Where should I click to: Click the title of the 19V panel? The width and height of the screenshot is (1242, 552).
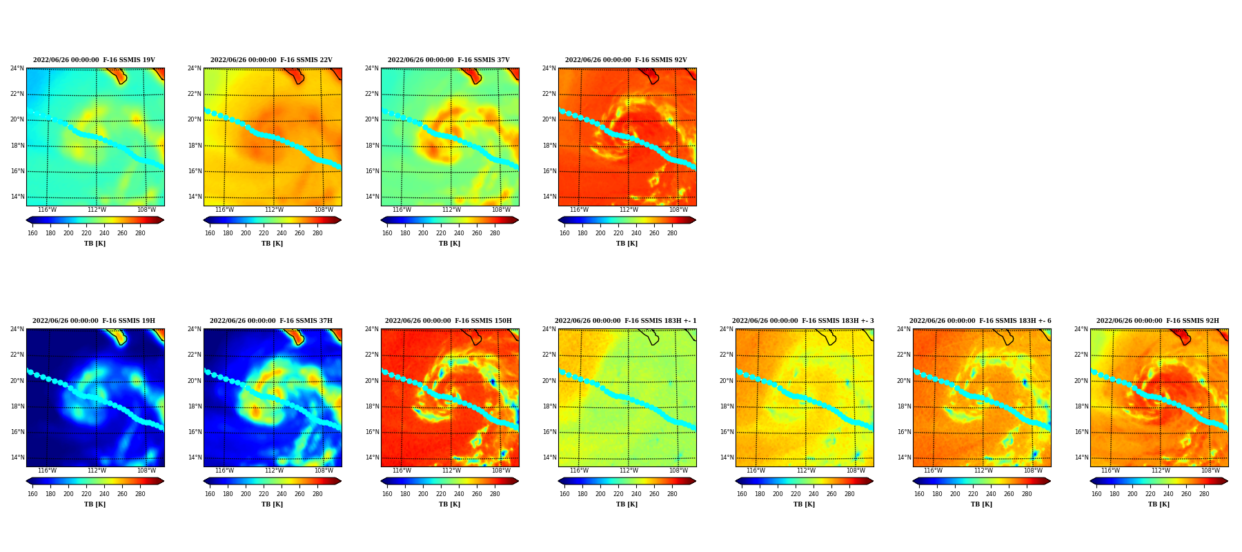[x=94, y=60]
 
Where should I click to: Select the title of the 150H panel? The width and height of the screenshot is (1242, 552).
[x=448, y=321]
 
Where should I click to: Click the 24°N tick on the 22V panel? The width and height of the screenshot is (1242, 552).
[x=195, y=68]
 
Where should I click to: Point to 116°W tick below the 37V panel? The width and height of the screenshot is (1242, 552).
[x=402, y=210]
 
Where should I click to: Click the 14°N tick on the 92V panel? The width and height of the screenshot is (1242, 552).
[x=549, y=197]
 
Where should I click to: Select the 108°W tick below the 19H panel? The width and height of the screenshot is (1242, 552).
[x=146, y=471]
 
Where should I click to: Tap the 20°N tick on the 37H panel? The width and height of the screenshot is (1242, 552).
[x=195, y=381]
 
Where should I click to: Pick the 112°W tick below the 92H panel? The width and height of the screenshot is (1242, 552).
[x=1161, y=471]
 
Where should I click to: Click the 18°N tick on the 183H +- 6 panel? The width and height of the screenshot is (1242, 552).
[x=904, y=406]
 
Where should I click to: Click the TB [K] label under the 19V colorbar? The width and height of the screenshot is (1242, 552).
[x=95, y=244]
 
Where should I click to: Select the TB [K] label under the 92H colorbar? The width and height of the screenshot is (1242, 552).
[x=1159, y=504]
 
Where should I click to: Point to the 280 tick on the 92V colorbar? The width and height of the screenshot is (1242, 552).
[x=672, y=233]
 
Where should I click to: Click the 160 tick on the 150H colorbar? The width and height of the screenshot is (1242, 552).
[x=387, y=494]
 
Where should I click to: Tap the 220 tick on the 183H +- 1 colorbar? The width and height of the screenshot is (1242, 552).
[x=618, y=494]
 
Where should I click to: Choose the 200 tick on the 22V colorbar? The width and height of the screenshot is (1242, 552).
[x=246, y=233]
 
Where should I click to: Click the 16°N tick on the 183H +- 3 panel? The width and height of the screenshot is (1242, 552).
[x=727, y=432]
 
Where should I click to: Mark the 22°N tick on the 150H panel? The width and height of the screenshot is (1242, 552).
[x=372, y=355]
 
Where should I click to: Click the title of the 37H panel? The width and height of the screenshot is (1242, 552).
[x=271, y=321]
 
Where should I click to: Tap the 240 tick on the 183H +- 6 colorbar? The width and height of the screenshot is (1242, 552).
[x=991, y=494]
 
